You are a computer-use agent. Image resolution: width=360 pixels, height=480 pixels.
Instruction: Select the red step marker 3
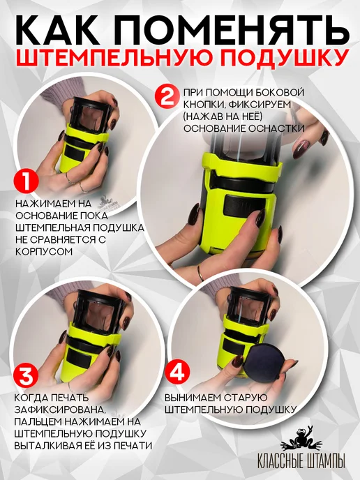27,375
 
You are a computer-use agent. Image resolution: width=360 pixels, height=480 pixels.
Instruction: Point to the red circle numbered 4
177,372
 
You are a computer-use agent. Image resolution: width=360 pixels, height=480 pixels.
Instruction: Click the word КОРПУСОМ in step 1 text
44,252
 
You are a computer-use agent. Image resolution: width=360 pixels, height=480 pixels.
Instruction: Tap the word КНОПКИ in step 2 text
202,105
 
